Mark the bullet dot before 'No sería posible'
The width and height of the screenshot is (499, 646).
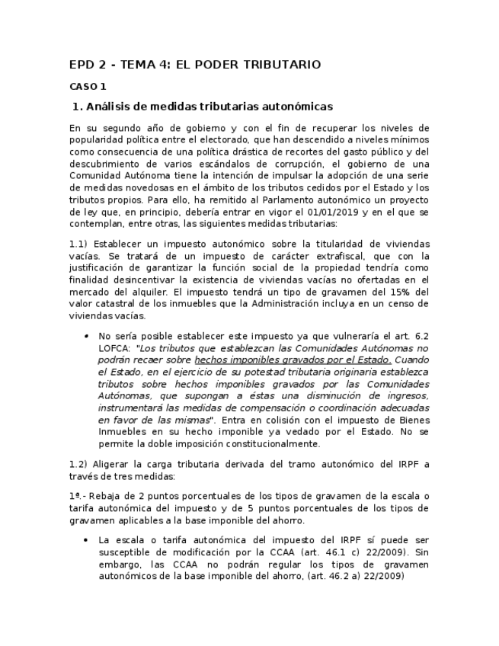(x=87, y=335)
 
